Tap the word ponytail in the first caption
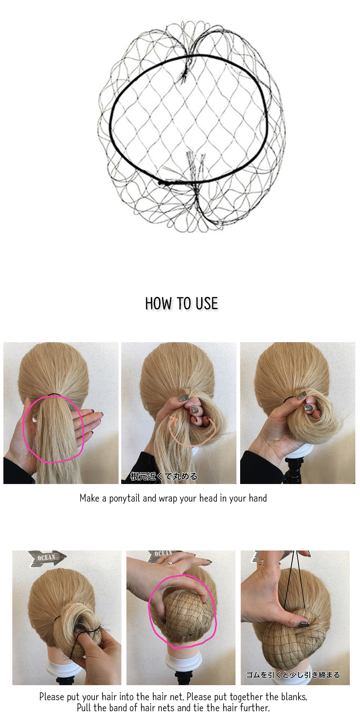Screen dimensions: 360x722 [x=125, y=499]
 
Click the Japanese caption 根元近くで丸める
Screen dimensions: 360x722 [x=164, y=476]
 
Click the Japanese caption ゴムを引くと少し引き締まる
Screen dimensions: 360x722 [x=293, y=675]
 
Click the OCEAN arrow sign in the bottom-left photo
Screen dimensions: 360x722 [x=47, y=557]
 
